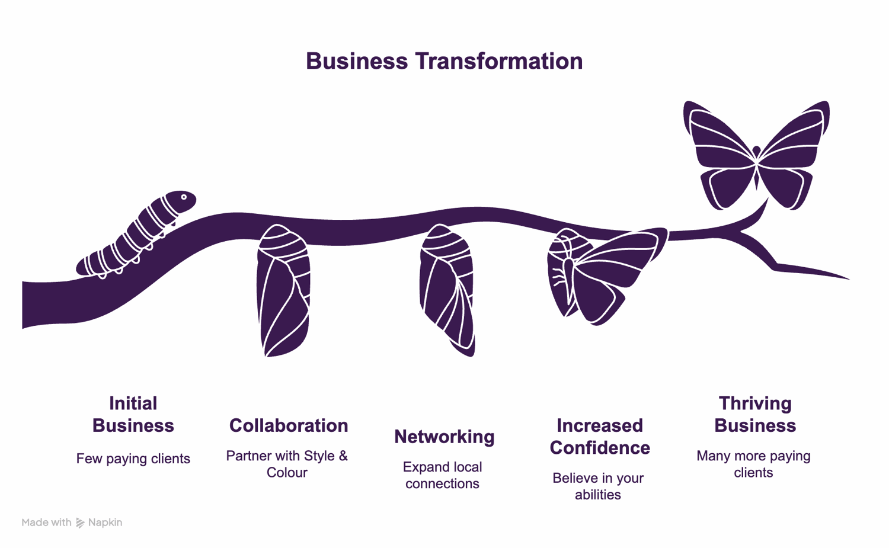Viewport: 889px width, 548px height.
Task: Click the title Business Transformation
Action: click(x=444, y=61)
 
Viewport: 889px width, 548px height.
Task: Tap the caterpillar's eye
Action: click(x=184, y=197)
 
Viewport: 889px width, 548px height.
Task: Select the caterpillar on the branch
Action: click(x=136, y=235)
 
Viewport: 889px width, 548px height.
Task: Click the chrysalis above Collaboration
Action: click(x=283, y=290)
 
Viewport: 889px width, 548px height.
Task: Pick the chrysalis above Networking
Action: click(x=447, y=290)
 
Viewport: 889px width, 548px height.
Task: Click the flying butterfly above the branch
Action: click(x=756, y=155)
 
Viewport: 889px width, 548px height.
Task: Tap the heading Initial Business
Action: click(x=133, y=414)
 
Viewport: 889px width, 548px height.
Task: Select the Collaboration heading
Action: click(x=289, y=425)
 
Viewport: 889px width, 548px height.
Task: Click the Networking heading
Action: click(x=444, y=437)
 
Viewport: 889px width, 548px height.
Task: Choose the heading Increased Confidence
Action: click(x=600, y=437)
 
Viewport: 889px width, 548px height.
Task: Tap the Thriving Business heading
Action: click(x=755, y=414)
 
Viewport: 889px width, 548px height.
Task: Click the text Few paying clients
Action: click(x=133, y=459)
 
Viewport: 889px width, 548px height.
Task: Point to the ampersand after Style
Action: click(x=343, y=456)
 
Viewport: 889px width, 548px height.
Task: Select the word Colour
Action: click(x=287, y=473)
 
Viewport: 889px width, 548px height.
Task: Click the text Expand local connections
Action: click(x=443, y=475)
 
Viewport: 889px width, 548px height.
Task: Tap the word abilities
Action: click(x=598, y=495)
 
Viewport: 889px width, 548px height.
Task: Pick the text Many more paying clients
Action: click(x=754, y=464)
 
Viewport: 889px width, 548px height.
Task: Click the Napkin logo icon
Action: click(x=80, y=523)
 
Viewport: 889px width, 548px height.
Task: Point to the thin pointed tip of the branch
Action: click(x=849, y=279)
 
